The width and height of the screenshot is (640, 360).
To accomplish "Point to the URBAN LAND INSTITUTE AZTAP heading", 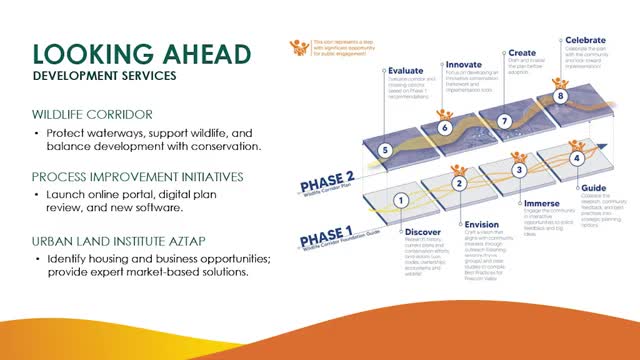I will (126, 241).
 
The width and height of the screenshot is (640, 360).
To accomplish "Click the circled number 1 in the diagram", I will (401, 200).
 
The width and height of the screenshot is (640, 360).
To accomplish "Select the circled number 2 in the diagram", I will (459, 183).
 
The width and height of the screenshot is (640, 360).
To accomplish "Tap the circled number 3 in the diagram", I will (518, 170).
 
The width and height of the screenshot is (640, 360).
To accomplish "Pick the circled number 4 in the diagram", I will (576, 158).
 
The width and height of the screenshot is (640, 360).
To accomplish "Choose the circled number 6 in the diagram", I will (445, 128).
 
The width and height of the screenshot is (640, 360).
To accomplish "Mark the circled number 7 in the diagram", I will (504, 121).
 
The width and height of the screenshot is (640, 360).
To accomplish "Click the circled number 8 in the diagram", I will (561, 97).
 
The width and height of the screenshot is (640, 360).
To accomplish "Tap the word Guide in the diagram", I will (595, 186).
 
